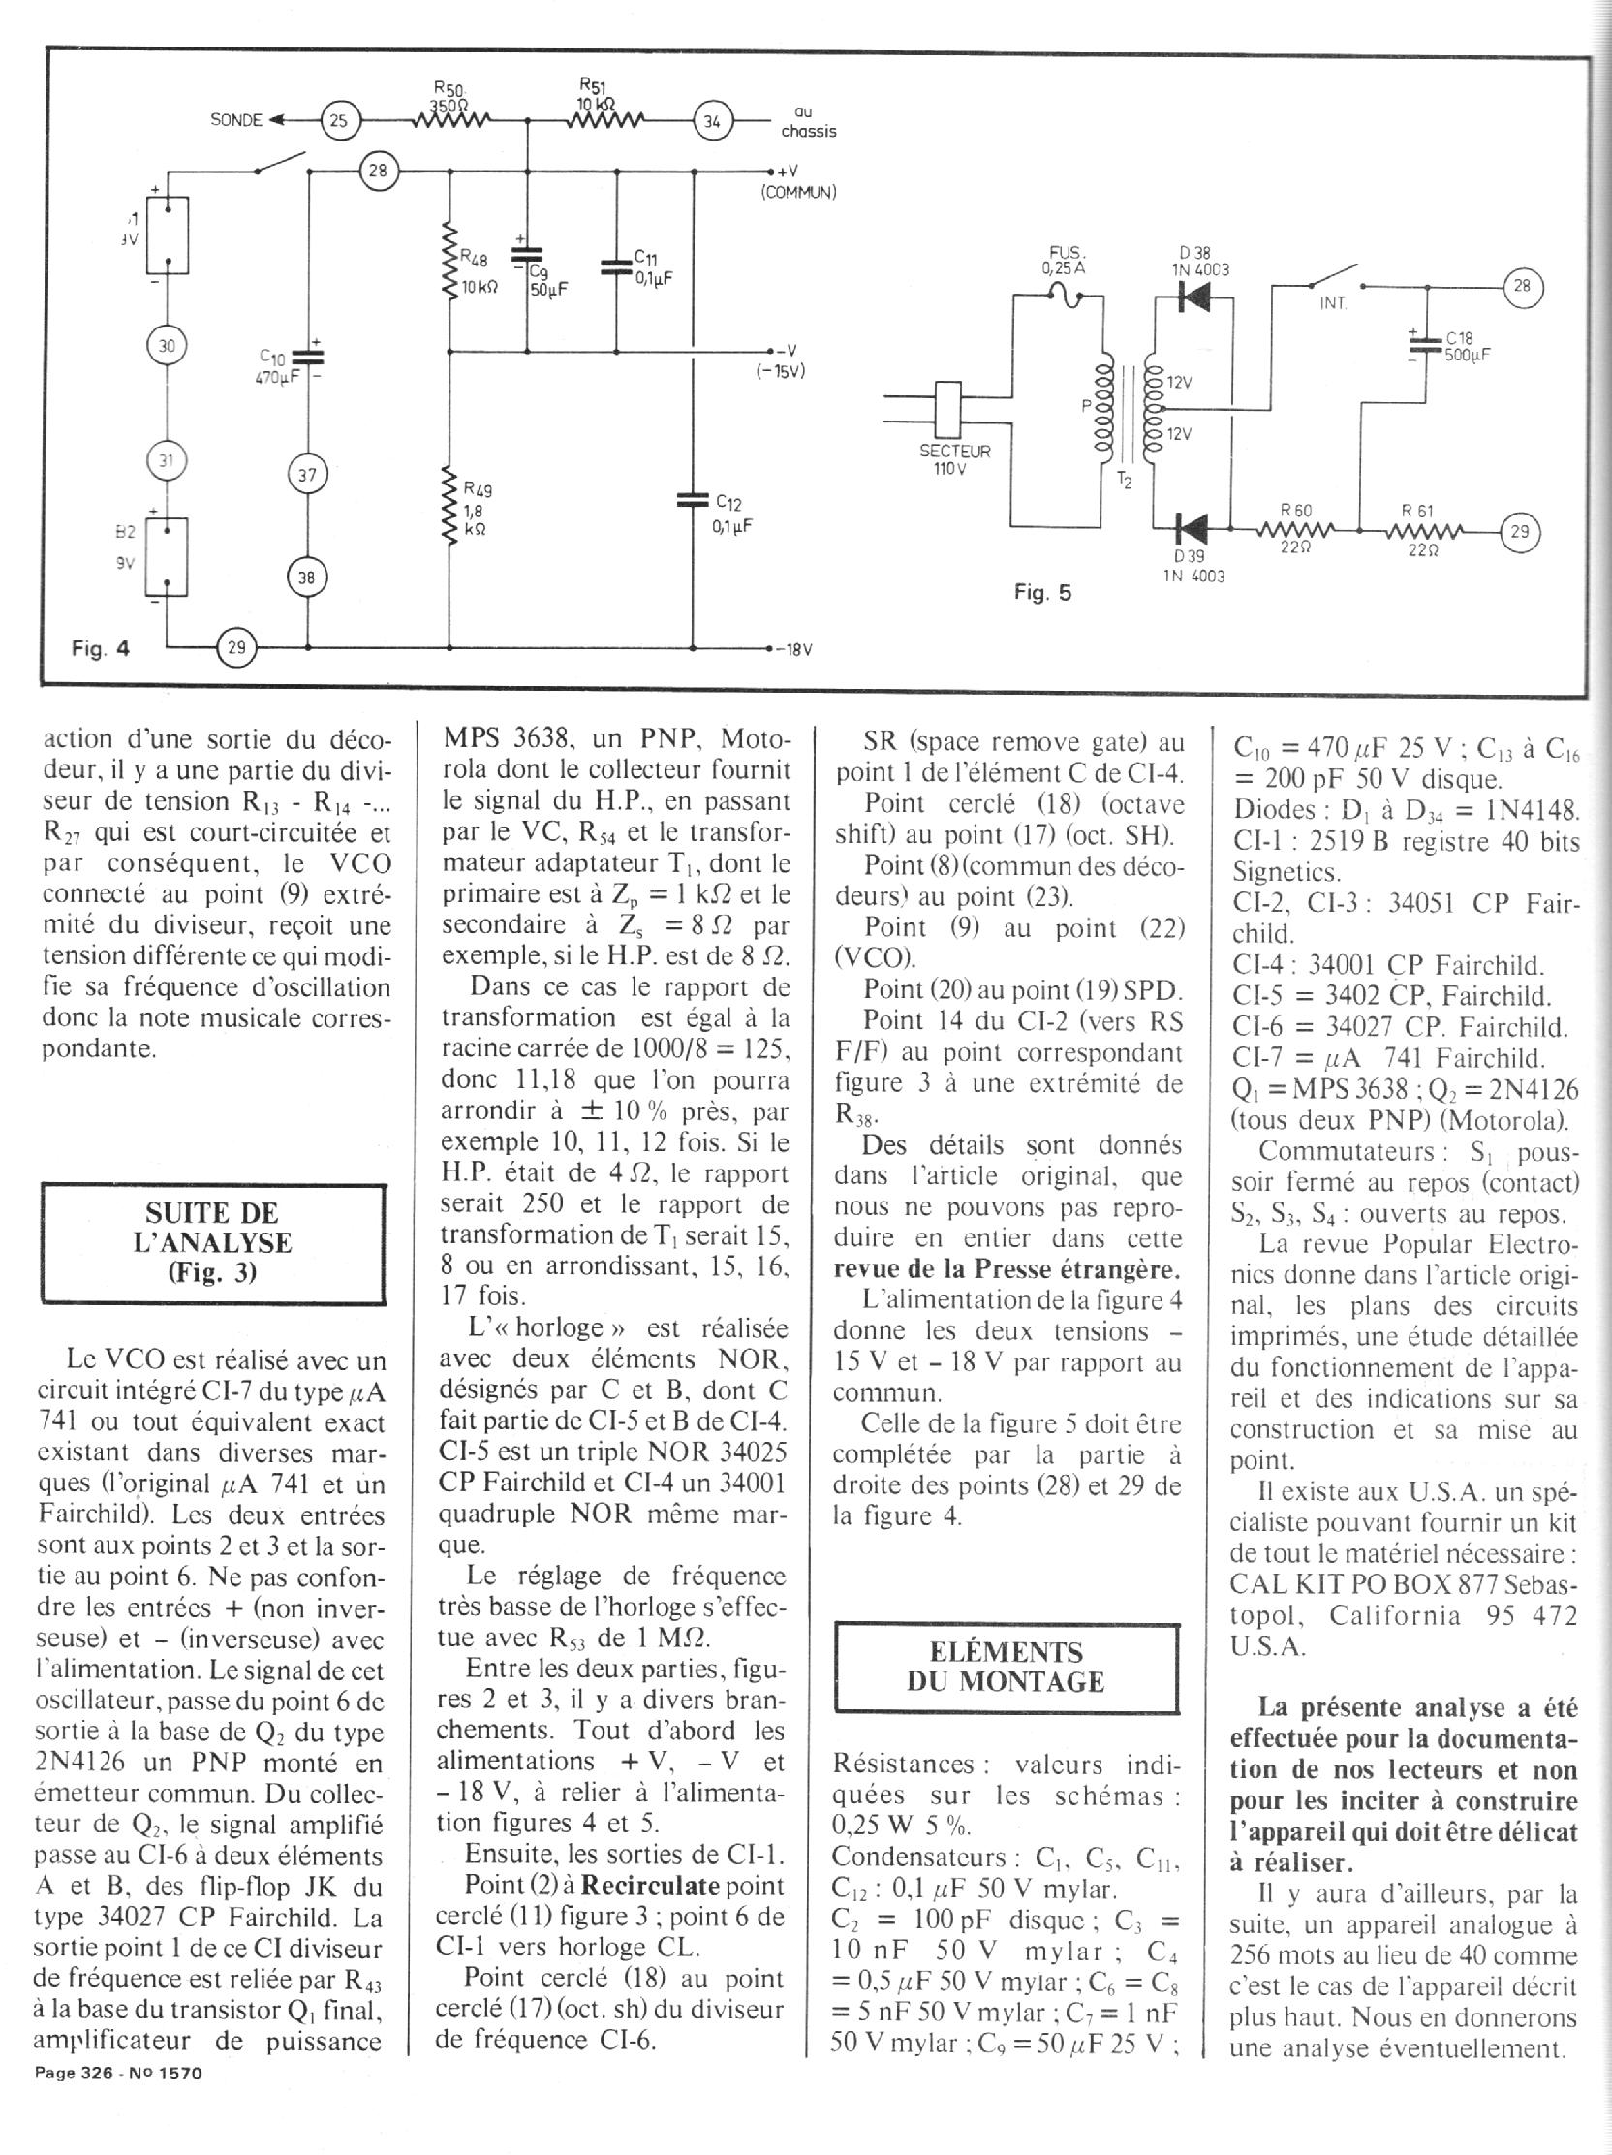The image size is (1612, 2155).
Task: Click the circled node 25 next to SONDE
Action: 340,121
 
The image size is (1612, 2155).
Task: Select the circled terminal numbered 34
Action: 713,121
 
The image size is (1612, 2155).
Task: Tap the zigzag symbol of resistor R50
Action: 450,121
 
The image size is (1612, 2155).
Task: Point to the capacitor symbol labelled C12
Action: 694,500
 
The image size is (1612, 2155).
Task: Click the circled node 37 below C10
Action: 308,476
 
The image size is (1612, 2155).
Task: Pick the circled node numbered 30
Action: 167,345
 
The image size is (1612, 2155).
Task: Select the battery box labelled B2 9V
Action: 167,556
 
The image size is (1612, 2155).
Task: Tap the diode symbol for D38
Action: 1192,298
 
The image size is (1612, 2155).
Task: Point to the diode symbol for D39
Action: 1192,530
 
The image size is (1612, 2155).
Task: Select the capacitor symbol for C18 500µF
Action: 1426,345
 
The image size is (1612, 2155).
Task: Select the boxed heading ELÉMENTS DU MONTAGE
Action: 1006,1666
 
